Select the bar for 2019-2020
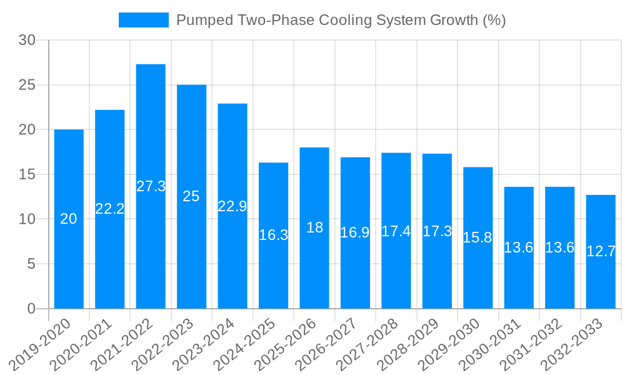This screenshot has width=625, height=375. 69,219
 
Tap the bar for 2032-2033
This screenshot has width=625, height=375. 601,251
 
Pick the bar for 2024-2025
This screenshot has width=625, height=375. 274,235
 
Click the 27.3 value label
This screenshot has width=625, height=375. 151,186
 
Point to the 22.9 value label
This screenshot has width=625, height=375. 232,206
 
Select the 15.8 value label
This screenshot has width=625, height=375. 477,237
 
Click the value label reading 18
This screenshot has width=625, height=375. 315,227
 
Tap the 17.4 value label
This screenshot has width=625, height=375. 396,231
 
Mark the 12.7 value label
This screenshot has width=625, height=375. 601,251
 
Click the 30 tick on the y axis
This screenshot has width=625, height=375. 27,40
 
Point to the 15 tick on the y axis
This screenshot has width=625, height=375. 27,174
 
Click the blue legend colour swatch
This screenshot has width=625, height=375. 144,20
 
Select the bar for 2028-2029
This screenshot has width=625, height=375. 437,231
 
